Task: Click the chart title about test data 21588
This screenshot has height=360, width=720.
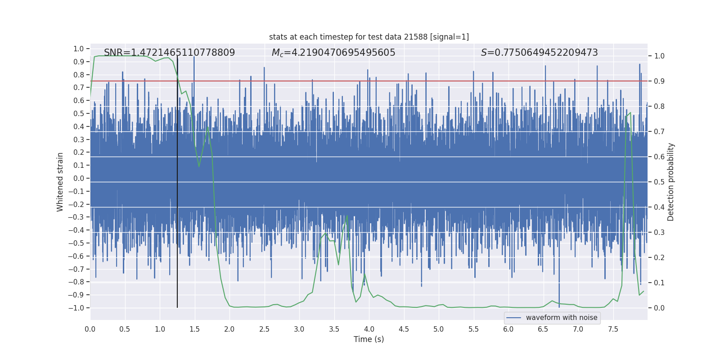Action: (369, 37)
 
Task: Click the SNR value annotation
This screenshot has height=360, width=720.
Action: (169, 53)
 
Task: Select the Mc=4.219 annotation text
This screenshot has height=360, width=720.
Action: (333, 53)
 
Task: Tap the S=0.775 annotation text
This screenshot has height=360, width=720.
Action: (539, 53)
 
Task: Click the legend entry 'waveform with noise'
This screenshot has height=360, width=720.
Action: (562, 318)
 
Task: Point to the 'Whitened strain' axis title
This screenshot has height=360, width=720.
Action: (60, 182)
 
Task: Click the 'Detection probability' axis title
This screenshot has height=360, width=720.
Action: (671, 182)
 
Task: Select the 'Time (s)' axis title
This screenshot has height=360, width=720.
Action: (369, 339)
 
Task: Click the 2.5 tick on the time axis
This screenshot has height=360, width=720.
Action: (264, 329)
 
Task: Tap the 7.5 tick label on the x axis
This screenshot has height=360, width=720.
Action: (613, 329)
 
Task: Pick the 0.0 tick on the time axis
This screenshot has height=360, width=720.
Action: (90, 329)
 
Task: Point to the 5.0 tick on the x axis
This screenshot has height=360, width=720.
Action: (439, 329)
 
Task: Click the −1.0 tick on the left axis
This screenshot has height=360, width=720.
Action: (76, 308)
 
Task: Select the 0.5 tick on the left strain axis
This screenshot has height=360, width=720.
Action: (79, 113)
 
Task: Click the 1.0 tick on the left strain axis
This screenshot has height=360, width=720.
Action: (79, 49)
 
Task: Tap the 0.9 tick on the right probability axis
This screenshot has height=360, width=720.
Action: (659, 81)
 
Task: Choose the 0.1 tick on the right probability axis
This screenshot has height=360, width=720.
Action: (659, 283)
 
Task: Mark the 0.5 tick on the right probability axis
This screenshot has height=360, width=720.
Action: (659, 182)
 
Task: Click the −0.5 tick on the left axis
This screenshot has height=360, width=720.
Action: (76, 243)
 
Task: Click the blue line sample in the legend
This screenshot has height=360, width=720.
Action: (514, 318)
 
